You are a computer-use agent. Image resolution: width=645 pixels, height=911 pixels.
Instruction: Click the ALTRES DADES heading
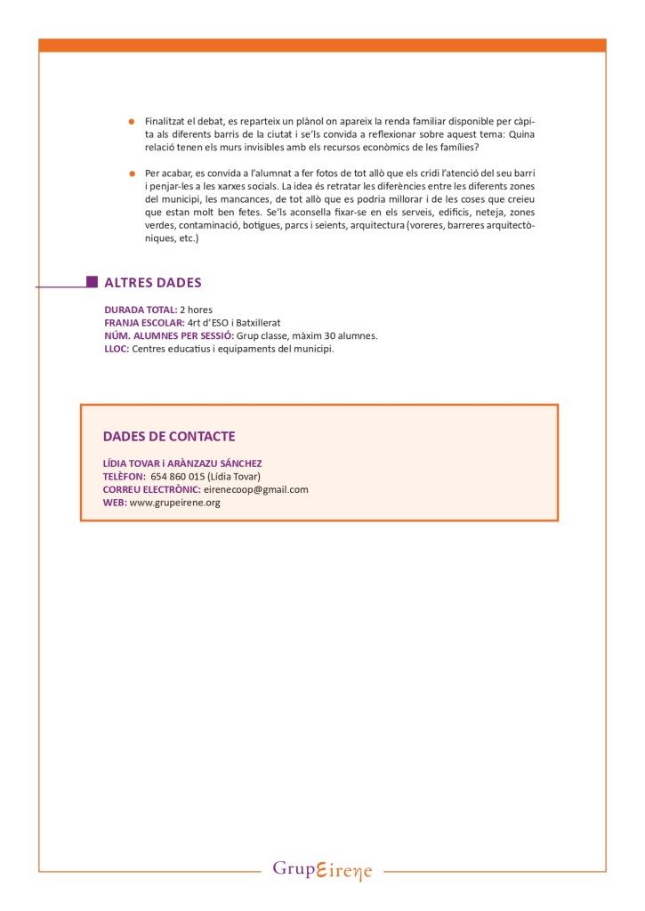153,283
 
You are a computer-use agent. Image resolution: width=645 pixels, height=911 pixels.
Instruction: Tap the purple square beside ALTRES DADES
92,282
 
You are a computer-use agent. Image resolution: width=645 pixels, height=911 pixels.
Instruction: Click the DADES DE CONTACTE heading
169,436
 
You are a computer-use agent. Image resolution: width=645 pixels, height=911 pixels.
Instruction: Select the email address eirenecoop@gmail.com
255,489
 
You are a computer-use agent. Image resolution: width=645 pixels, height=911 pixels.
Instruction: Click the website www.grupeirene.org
174,503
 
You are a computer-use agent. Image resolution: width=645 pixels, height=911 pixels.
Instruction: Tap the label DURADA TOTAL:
141,310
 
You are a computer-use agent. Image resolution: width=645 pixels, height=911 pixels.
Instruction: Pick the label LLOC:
117,349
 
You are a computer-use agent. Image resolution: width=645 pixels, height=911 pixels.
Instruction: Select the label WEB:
115,503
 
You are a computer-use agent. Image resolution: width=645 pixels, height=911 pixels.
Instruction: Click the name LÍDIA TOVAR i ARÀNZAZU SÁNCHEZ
182,464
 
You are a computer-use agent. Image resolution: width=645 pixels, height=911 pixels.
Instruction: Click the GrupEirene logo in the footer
322,869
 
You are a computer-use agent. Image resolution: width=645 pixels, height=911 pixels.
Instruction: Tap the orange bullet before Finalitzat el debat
131,121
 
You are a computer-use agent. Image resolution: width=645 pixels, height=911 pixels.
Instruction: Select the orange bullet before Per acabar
131,173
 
